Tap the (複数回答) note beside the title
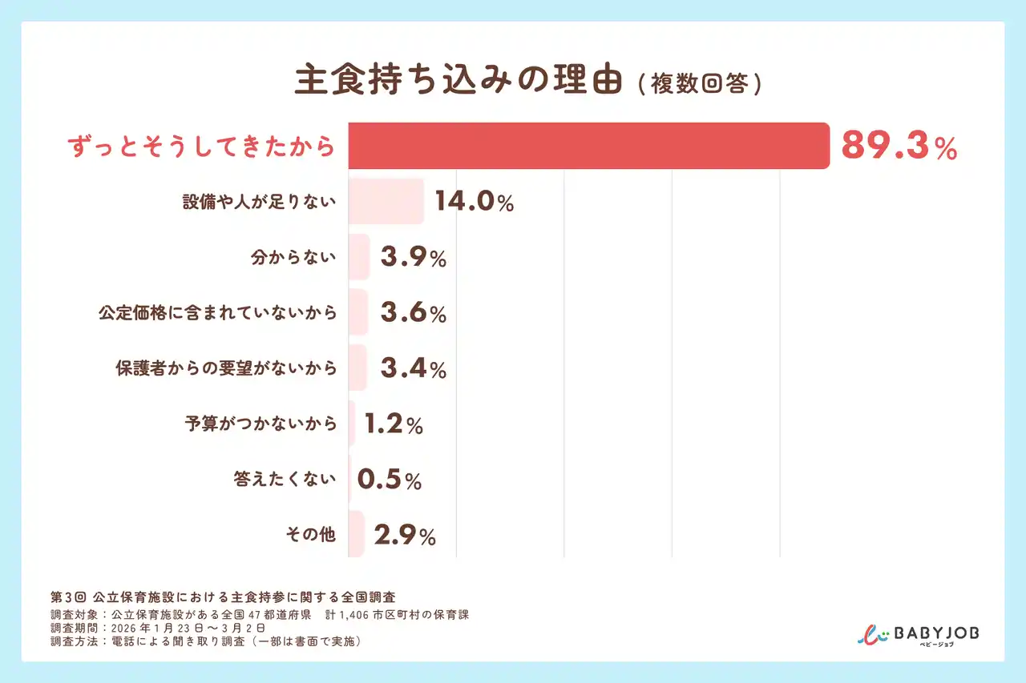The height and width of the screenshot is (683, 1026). (x=700, y=84)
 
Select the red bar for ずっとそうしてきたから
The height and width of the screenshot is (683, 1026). (x=588, y=146)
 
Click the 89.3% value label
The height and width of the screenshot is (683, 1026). (x=899, y=147)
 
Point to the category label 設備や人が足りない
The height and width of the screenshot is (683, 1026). (x=259, y=202)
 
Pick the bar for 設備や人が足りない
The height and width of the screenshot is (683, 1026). (x=386, y=201)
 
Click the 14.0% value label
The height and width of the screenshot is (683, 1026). (x=474, y=202)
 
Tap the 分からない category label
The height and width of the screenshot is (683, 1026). (x=293, y=258)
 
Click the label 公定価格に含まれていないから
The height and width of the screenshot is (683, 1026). (x=217, y=313)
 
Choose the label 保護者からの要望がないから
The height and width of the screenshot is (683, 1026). (x=226, y=368)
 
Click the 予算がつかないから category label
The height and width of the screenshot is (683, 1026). (x=261, y=424)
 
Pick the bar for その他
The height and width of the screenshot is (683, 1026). (x=356, y=534)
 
